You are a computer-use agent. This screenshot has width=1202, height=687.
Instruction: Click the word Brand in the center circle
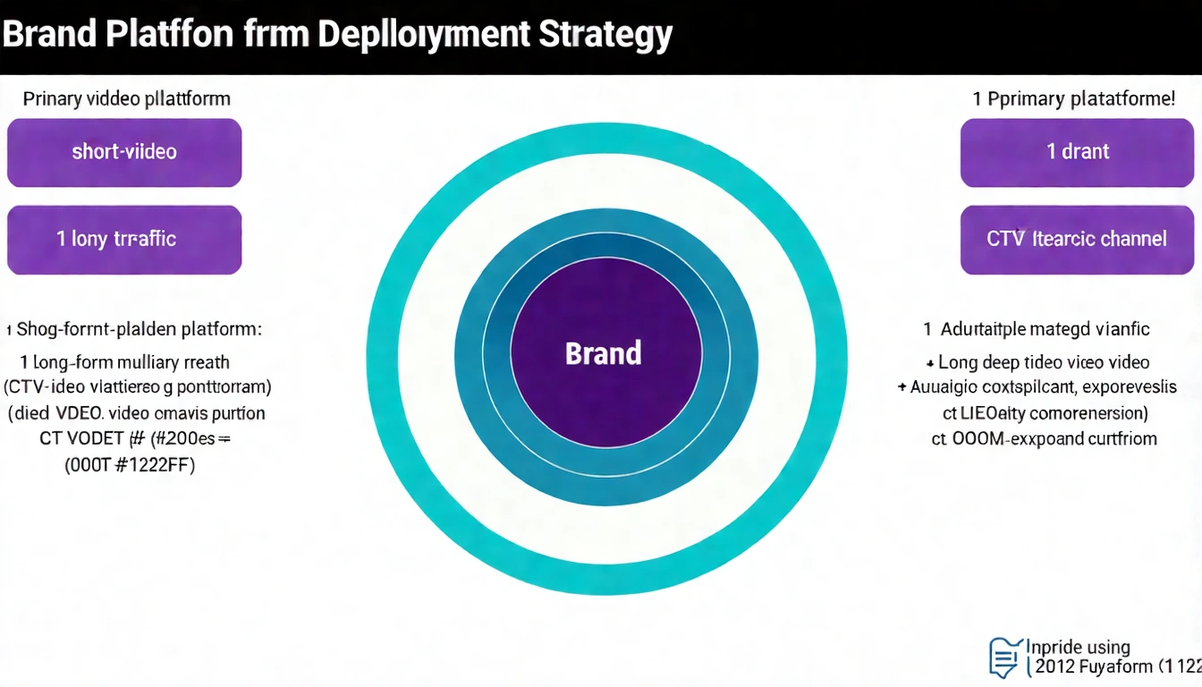[603, 353]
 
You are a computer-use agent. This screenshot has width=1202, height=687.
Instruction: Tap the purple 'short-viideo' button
[124, 152]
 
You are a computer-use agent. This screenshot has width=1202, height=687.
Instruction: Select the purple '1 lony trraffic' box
[124, 239]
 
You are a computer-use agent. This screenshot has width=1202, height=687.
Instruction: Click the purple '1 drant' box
[1077, 152]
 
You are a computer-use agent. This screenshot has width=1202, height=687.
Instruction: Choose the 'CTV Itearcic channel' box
[1077, 239]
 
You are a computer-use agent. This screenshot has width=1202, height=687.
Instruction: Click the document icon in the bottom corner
[1005, 657]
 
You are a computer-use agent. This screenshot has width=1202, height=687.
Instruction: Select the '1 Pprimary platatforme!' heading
[1073, 98]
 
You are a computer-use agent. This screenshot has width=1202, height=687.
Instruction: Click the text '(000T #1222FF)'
[130, 464]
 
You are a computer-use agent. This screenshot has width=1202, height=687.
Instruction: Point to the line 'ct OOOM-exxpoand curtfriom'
[1044, 438]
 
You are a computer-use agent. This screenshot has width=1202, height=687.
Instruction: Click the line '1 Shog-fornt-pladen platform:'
[134, 329]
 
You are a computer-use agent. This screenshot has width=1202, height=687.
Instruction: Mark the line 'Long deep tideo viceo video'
[1042, 362]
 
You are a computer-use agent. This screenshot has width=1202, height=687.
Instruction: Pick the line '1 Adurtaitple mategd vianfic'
[1037, 329]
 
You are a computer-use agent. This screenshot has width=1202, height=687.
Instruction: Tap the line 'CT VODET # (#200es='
[134, 438]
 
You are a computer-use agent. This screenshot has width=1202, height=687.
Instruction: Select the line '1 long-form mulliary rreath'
[125, 362]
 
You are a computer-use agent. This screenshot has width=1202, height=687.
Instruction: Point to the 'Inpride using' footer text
[1078, 647]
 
